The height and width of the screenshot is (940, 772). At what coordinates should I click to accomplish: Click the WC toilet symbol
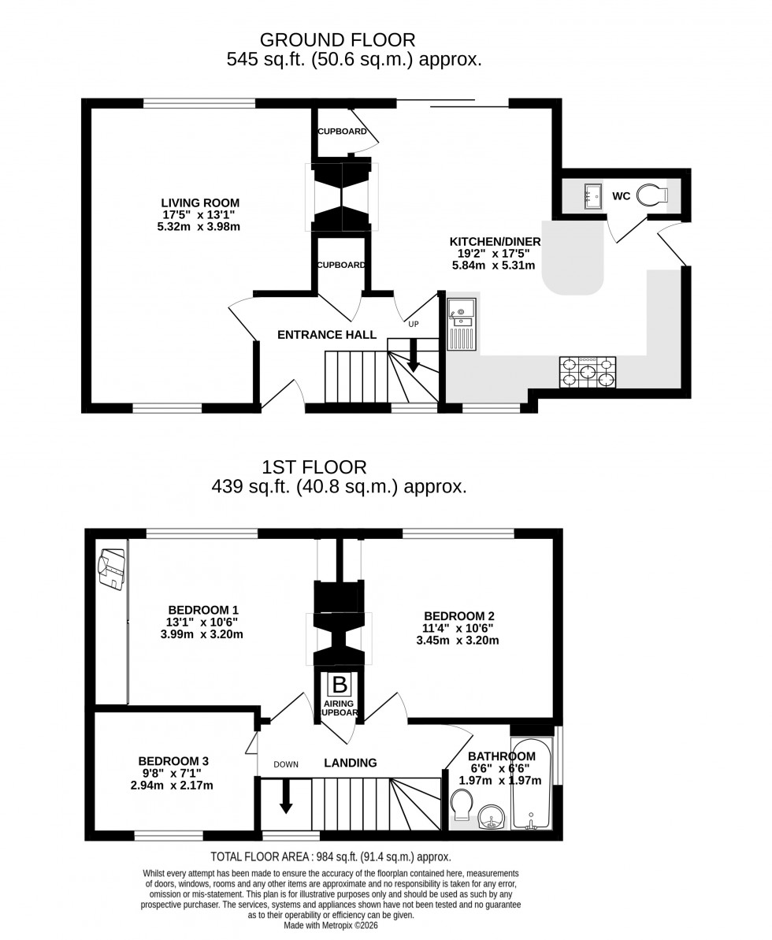[651, 195]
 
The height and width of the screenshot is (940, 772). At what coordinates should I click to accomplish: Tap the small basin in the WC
[593, 196]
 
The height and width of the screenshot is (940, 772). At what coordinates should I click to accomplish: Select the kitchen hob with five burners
[588, 372]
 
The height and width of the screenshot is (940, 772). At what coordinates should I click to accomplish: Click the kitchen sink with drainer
[462, 324]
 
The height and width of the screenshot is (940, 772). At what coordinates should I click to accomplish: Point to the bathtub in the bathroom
[533, 784]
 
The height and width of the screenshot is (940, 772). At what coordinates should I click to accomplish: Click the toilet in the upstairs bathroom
[462, 805]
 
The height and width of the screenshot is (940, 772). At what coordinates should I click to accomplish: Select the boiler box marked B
[339, 684]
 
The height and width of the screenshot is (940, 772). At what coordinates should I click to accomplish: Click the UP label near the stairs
[414, 323]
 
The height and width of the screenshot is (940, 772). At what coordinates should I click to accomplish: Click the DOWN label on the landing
[286, 764]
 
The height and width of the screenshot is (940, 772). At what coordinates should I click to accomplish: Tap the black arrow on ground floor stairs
[412, 362]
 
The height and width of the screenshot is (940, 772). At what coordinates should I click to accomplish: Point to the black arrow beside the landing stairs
[286, 796]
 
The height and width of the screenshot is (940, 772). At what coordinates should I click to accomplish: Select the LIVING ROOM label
[200, 202]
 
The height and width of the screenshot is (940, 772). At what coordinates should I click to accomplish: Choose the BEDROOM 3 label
[173, 760]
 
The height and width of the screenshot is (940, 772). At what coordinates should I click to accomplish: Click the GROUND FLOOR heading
[337, 39]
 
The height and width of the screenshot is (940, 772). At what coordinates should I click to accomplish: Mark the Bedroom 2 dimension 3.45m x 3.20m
[458, 641]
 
